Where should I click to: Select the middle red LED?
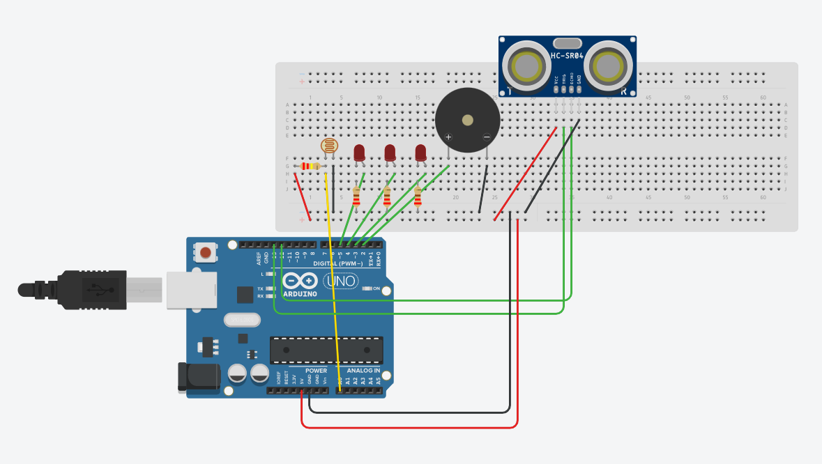point(390,153)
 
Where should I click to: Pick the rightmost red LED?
point(420,153)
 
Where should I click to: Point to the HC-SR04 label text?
point(567,55)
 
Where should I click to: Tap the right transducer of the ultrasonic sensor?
point(607,66)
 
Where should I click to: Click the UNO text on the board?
point(341,281)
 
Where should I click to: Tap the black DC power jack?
point(199,377)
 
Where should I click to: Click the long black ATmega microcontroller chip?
point(326,350)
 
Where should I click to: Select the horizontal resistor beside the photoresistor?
point(310,166)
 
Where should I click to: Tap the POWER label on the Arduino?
point(316,371)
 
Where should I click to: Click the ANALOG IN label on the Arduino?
point(363,371)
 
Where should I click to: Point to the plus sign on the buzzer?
point(448,137)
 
